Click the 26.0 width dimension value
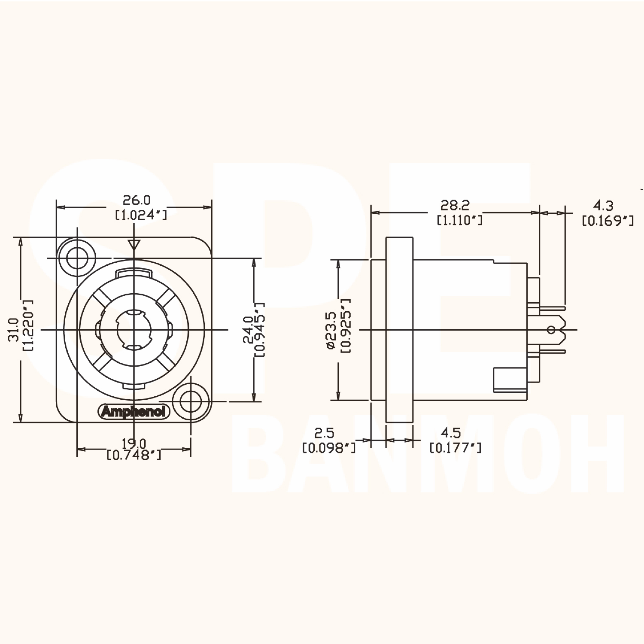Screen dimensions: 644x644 pyautogui.click(x=137, y=200)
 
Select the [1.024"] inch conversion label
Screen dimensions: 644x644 pyautogui.click(x=141, y=215)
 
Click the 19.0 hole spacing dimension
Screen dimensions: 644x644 pyautogui.click(x=134, y=443)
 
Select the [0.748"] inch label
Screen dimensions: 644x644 pyautogui.click(x=134, y=455)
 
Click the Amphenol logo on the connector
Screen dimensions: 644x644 pyautogui.click(x=134, y=412)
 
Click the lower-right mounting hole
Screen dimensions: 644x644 pyautogui.click(x=190, y=402)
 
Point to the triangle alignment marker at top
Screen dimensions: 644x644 pyautogui.click(x=134, y=245)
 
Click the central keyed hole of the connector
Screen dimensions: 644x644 pyautogui.click(x=134, y=330)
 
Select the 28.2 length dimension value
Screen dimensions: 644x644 pyautogui.click(x=455, y=205)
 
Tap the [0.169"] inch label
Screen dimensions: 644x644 pyautogui.click(x=608, y=221)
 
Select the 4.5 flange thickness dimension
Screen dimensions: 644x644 pyautogui.click(x=451, y=433)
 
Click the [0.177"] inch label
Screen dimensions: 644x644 pyautogui.click(x=455, y=448)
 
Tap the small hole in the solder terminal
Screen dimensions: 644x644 pyautogui.click(x=552, y=330)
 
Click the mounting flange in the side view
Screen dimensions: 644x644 pyautogui.click(x=399, y=330)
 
